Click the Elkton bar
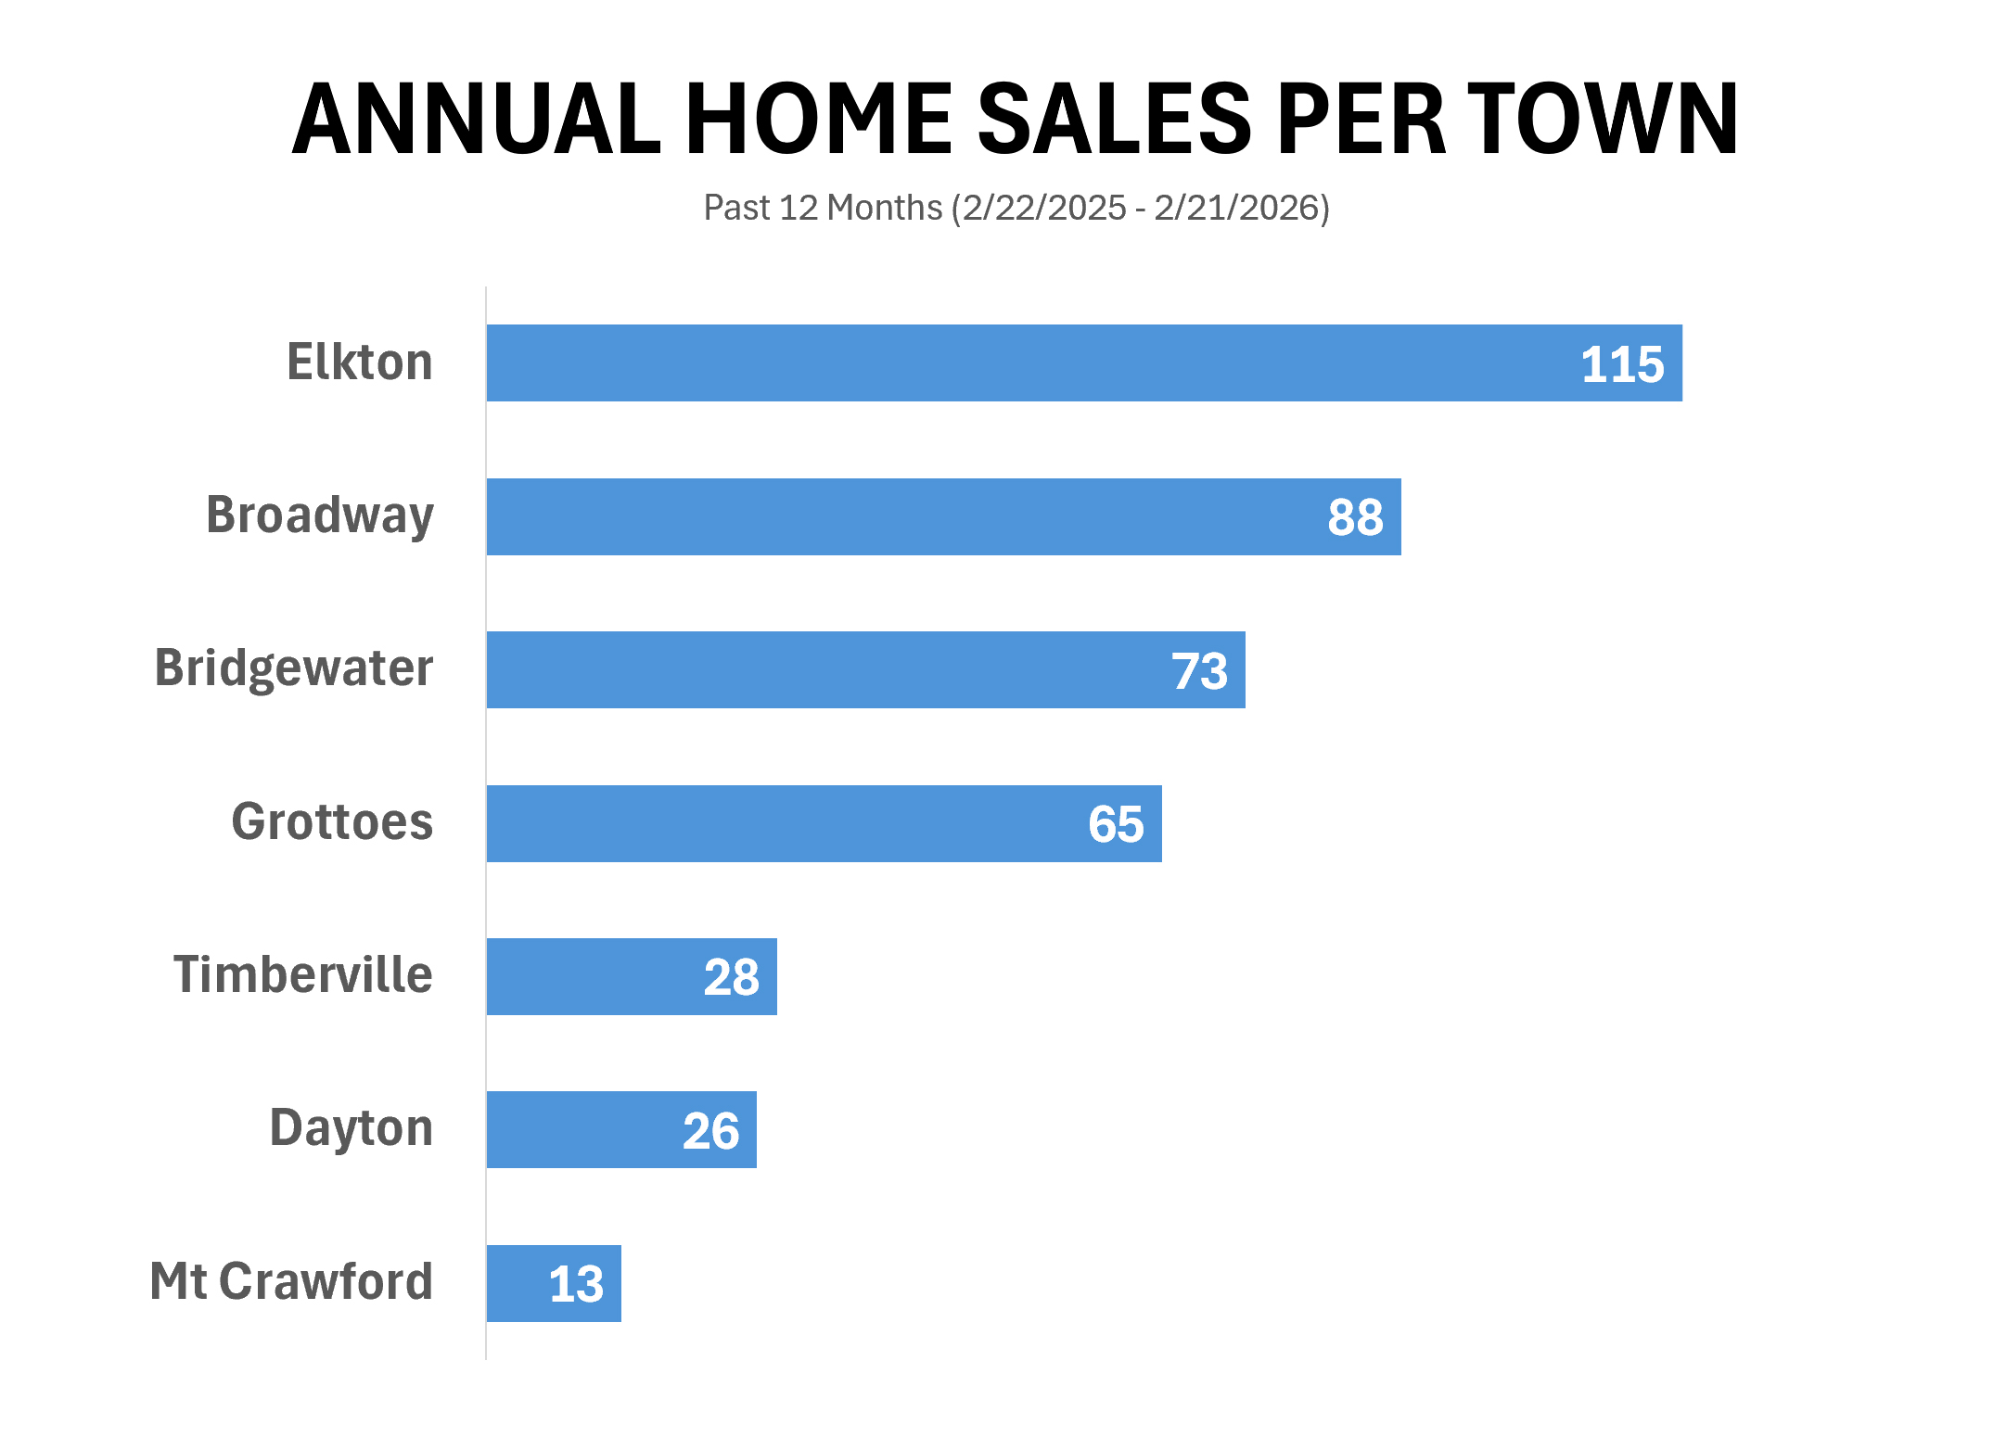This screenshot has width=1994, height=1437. point(1020,362)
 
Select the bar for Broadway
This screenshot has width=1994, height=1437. point(881,516)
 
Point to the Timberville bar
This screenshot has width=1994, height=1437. point(594,976)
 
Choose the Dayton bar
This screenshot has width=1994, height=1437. point(584,1129)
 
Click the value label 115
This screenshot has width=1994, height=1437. point(1622,364)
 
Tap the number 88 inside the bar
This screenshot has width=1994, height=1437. point(1355,517)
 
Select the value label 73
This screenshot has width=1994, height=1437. point(1199,671)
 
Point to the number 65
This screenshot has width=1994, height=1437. point(1116,824)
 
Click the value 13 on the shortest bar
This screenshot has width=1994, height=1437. point(576,1284)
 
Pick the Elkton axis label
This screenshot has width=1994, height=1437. point(360,362)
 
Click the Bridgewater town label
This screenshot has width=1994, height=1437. point(294,668)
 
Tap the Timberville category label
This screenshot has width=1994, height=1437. point(303,974)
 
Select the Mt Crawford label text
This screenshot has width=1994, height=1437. point(291,1281)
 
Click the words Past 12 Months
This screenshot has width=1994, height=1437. point(823,208)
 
